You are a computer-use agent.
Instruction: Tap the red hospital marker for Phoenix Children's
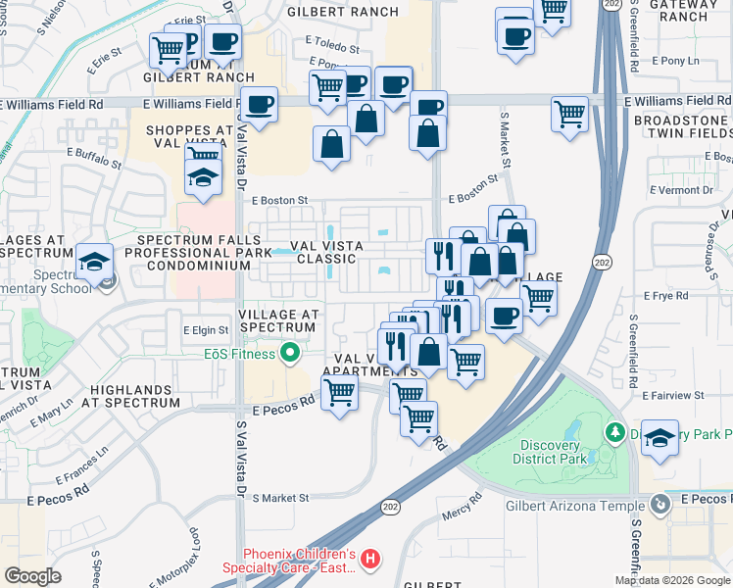point(370,560)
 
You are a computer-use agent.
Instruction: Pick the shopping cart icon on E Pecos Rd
point(339,392)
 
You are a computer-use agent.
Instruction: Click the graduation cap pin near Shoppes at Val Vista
point(203,177)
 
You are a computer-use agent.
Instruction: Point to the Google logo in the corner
point(33,575)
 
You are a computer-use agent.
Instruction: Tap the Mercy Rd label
point(463,511)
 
